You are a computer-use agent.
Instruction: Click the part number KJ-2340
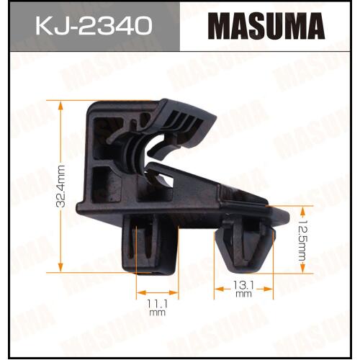click(x=94, y=25)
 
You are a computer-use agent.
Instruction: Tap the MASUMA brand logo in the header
click(x=266, y=27)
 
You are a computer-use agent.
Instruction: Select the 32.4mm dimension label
click(x=60, y=186)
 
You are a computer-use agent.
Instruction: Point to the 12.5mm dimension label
click(x=302, y=240)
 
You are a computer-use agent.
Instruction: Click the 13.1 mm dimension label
click(x=243, y=289)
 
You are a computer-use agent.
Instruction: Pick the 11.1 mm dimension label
click(x=157, y=308)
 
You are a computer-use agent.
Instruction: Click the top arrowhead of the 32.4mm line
click(x=60, y=106)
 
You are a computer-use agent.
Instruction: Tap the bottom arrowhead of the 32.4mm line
click(x=60, y=267)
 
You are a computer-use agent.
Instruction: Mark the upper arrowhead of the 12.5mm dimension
click(x=303, y=212)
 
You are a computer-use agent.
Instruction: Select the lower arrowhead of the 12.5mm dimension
click(x=303, y=268)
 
